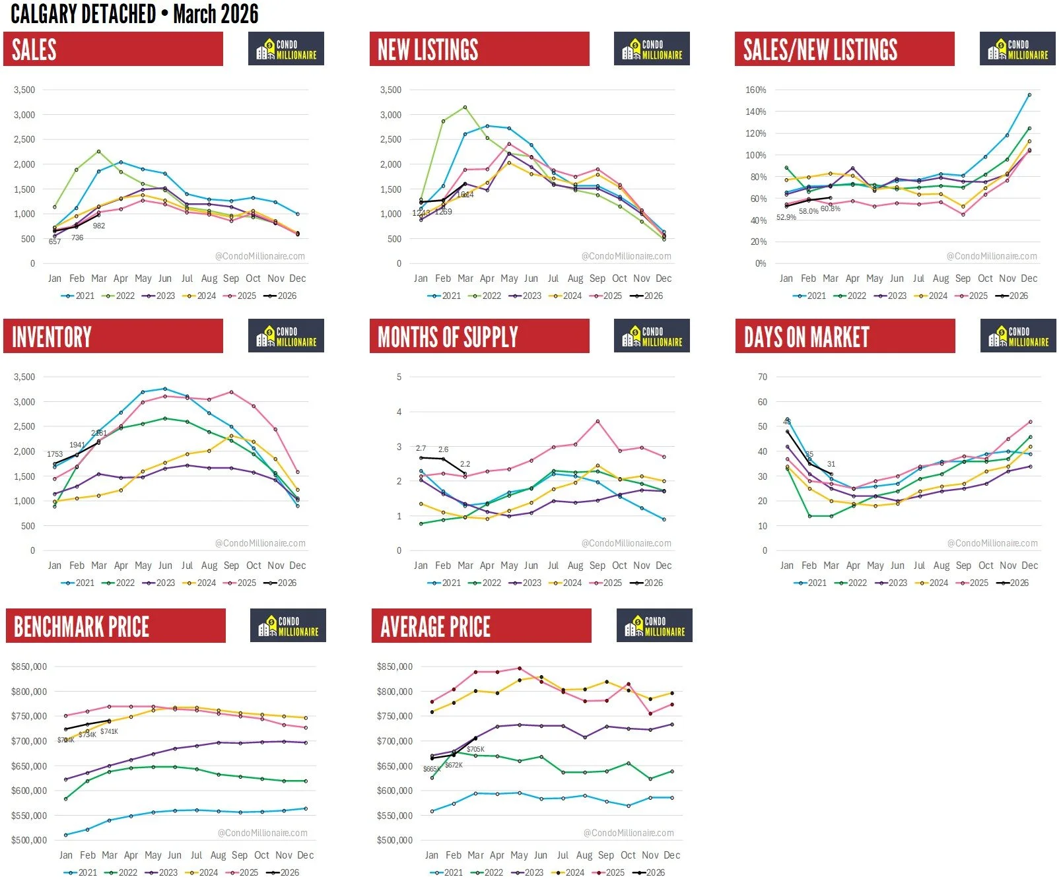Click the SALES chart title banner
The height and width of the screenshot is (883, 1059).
click(x=113, y=49)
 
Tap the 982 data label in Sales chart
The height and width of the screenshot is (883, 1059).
click(x=99, y=226)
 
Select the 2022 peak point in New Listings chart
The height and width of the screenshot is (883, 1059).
click(x=465, y=107)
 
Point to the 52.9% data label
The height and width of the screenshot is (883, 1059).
click(x=786, y=217)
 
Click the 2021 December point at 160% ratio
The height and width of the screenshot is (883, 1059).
click(x=1029, y=95)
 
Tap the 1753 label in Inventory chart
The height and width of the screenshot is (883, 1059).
click(x=55, y=454)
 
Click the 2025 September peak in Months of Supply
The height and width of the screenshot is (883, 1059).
click(x=597, y=421)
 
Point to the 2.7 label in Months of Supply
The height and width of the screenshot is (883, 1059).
click(x=421, y=448)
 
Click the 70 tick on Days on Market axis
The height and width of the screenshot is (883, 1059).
click(x=763, y=377)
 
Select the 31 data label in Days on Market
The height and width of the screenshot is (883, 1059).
click(x=831, y=464)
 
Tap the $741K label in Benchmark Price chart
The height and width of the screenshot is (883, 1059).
click(x=109, y=731)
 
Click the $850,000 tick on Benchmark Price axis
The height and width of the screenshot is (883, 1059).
click(x=29, y=667)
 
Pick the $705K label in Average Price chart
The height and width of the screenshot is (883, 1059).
click(x=475, y=749)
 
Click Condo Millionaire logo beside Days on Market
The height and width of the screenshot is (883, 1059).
click(x=1017, y=336)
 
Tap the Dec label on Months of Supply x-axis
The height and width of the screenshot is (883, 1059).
click(x=664, y=566)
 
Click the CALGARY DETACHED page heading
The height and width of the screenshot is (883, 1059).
click(x=135, y=14)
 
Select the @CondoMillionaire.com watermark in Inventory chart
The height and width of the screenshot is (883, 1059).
click(x=260, y=543)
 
